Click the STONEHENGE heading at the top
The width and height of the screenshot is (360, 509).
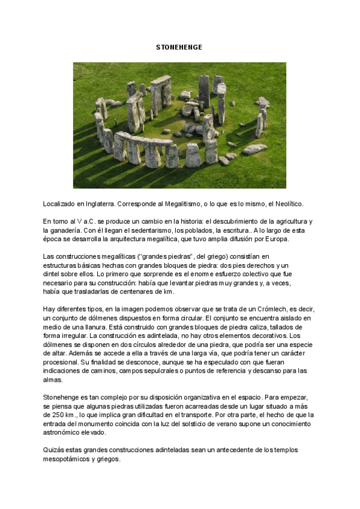pyautogui.click(x=179, y=47)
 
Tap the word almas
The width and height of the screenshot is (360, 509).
pyautogui.click(x=53, y=380)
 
